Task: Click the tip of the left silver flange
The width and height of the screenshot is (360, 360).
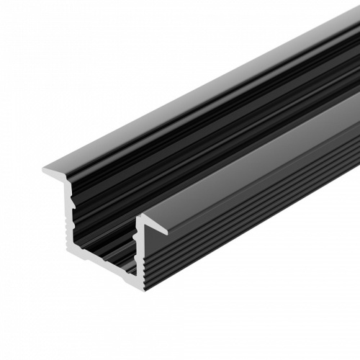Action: click(x=44, y=171)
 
